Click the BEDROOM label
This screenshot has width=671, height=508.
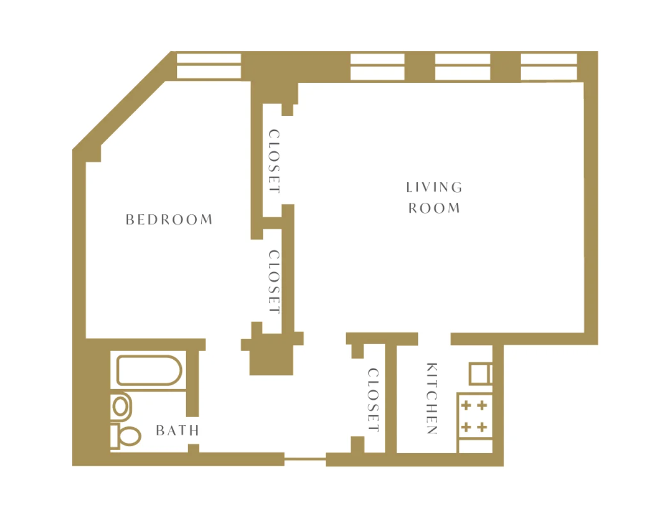169,219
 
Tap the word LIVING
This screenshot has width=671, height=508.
434,187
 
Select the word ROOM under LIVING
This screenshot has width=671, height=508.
434,208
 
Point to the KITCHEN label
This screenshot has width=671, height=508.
432,398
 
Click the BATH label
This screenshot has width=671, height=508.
177,430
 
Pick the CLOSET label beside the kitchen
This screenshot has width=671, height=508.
373,400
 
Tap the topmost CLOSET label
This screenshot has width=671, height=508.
274,161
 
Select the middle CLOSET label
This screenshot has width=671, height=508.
274,281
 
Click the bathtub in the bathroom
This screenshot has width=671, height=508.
149,370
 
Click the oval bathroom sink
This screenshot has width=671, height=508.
121,406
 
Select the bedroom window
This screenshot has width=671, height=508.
209,66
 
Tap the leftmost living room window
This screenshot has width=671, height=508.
377,67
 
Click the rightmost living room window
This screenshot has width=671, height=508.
548,67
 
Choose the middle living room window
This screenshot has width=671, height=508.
463,67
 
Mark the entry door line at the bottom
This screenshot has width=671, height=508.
305,459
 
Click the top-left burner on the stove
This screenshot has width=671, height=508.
466,406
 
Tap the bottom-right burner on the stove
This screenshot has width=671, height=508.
482,427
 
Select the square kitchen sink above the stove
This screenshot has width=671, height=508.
480,373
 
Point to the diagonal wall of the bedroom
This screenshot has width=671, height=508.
122,101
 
